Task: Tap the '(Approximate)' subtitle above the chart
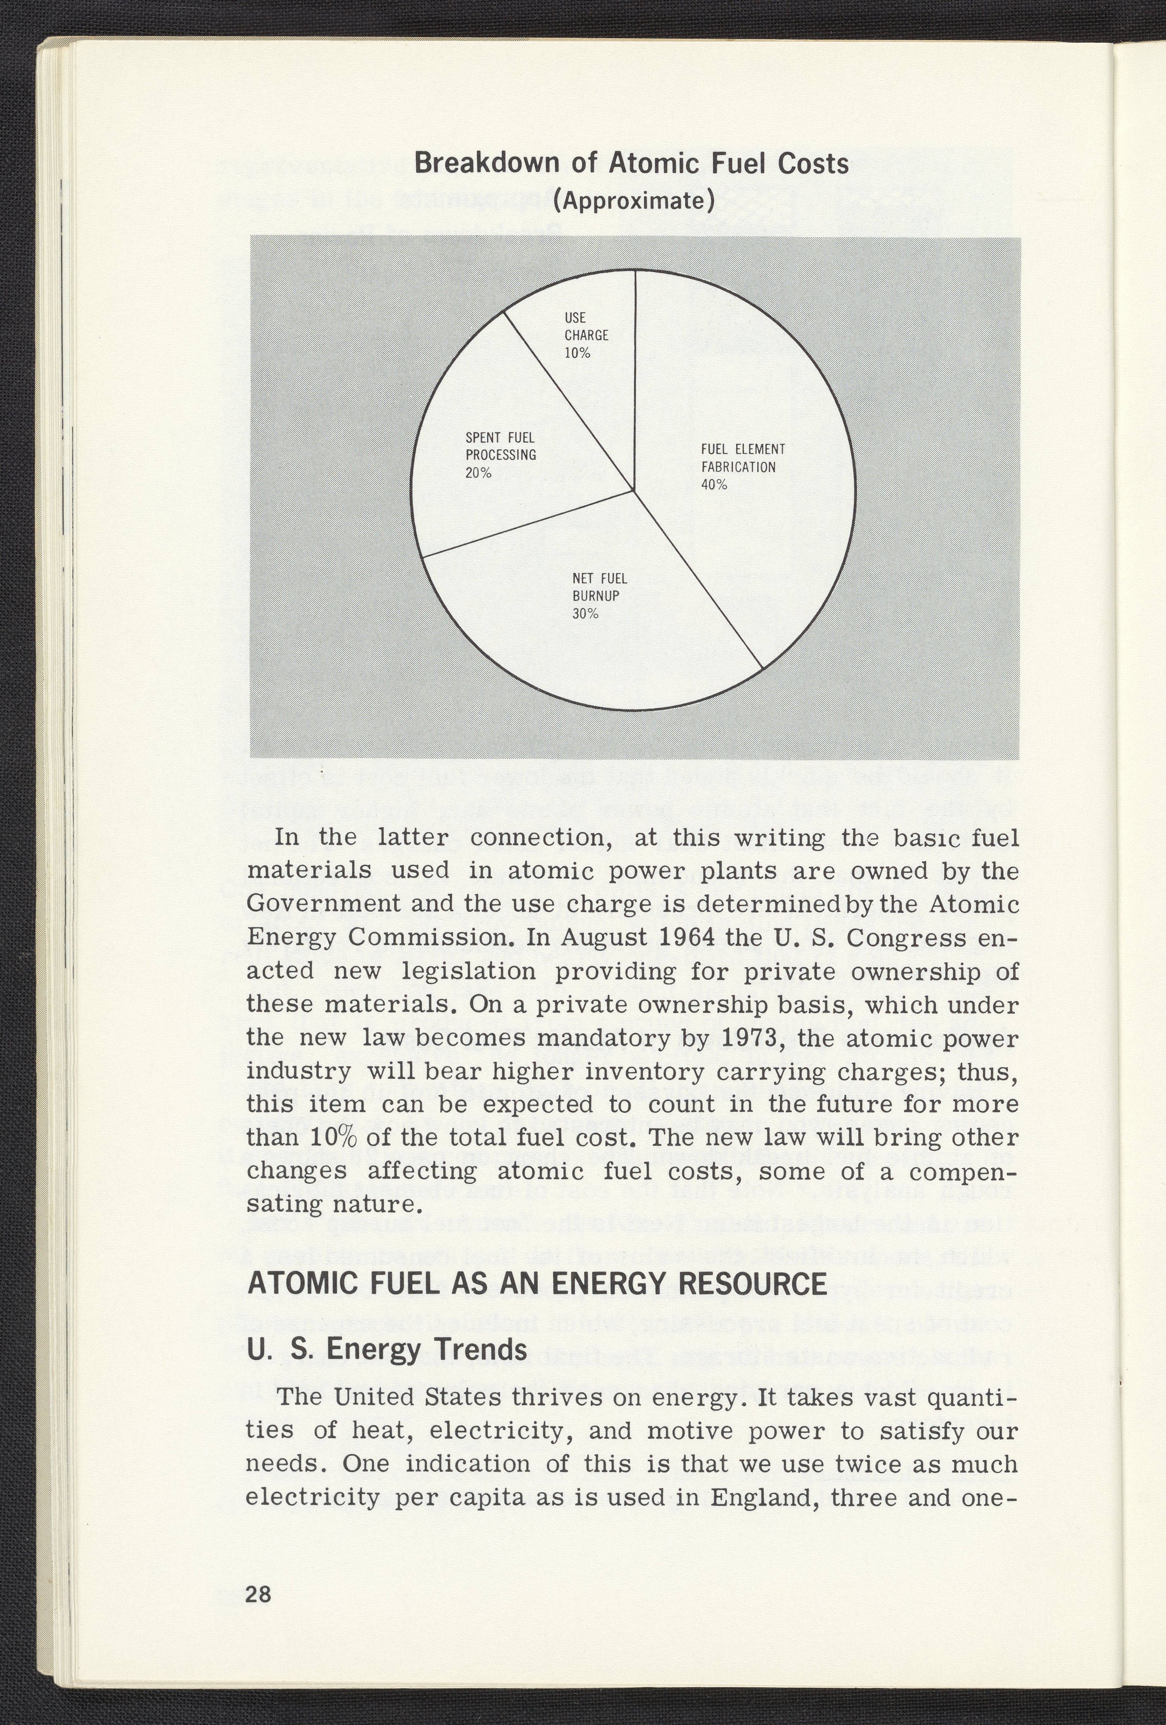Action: [633, 201]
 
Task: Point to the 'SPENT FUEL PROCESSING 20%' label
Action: [501, 455]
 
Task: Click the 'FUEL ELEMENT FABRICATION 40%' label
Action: [743, 467]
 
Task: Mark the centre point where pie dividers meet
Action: [634, 491]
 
